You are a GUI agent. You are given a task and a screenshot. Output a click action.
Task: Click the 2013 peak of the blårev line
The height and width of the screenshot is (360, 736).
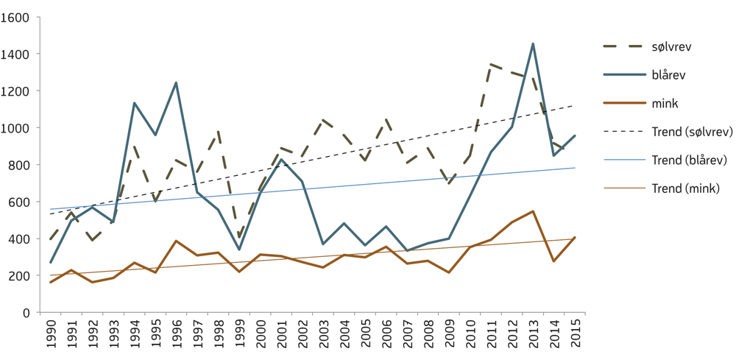pos(533,44)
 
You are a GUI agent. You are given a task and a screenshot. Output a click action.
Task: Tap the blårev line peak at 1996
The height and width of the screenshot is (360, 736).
pos(176,82)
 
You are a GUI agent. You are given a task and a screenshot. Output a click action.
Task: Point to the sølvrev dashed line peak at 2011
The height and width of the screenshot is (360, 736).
pos(491,65)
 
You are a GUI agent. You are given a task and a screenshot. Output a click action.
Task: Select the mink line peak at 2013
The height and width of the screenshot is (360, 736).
pos(533,211)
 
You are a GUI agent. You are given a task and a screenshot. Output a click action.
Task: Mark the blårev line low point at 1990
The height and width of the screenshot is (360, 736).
pos(51,263)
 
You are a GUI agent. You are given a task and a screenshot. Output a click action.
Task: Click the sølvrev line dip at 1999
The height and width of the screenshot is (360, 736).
pos(239,237)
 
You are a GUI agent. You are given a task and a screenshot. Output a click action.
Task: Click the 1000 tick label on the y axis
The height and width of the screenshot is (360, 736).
pos(17,128)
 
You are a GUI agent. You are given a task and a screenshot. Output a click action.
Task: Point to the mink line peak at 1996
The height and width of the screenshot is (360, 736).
pos(176,241)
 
